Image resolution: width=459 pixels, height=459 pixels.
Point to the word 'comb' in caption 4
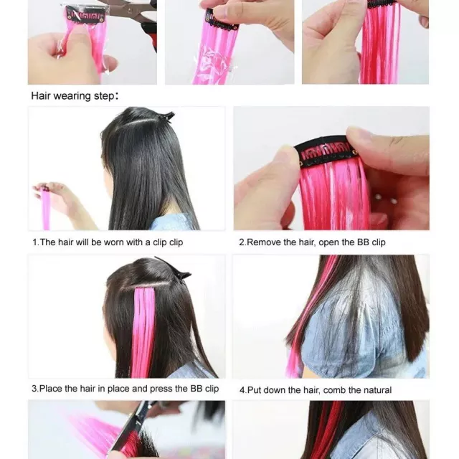(335, 390)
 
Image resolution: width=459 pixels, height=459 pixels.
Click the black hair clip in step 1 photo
(166, 116)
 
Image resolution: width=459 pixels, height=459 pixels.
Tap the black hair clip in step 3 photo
(176, 269)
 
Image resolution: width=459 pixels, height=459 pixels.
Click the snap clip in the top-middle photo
(222, 21)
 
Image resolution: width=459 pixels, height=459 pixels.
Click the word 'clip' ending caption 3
(212, 389)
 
